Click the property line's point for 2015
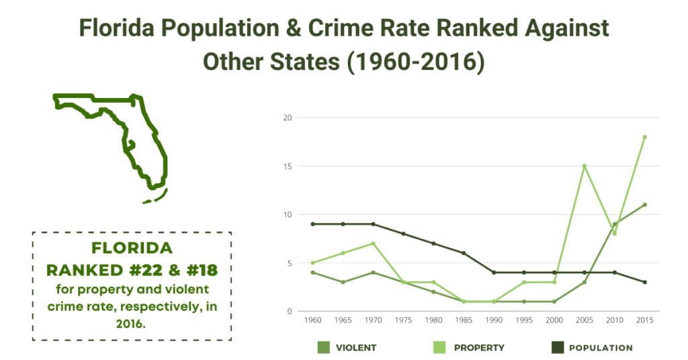point(644,137)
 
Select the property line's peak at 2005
point(585,166)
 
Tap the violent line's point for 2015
point(644,205)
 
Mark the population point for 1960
point(312,224)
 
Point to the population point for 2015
point(644,282)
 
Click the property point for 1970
point(372,243)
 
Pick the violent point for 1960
point(312,272)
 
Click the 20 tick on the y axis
point(288,118)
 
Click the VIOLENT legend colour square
point(323,347)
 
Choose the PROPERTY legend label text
point(479,348)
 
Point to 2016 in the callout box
point(132,323)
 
